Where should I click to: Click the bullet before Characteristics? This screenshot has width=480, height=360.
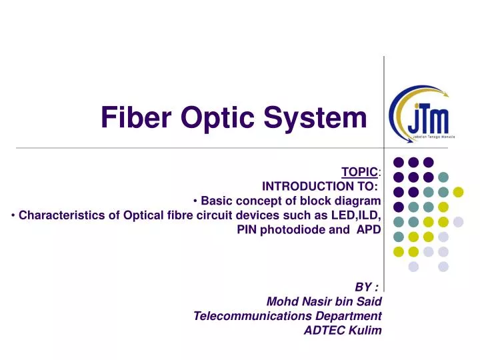click(x=14, y=215)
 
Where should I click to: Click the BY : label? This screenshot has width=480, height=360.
click(x=367, y=287)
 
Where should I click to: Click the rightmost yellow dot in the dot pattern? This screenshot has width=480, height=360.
click(x=458, y=193)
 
